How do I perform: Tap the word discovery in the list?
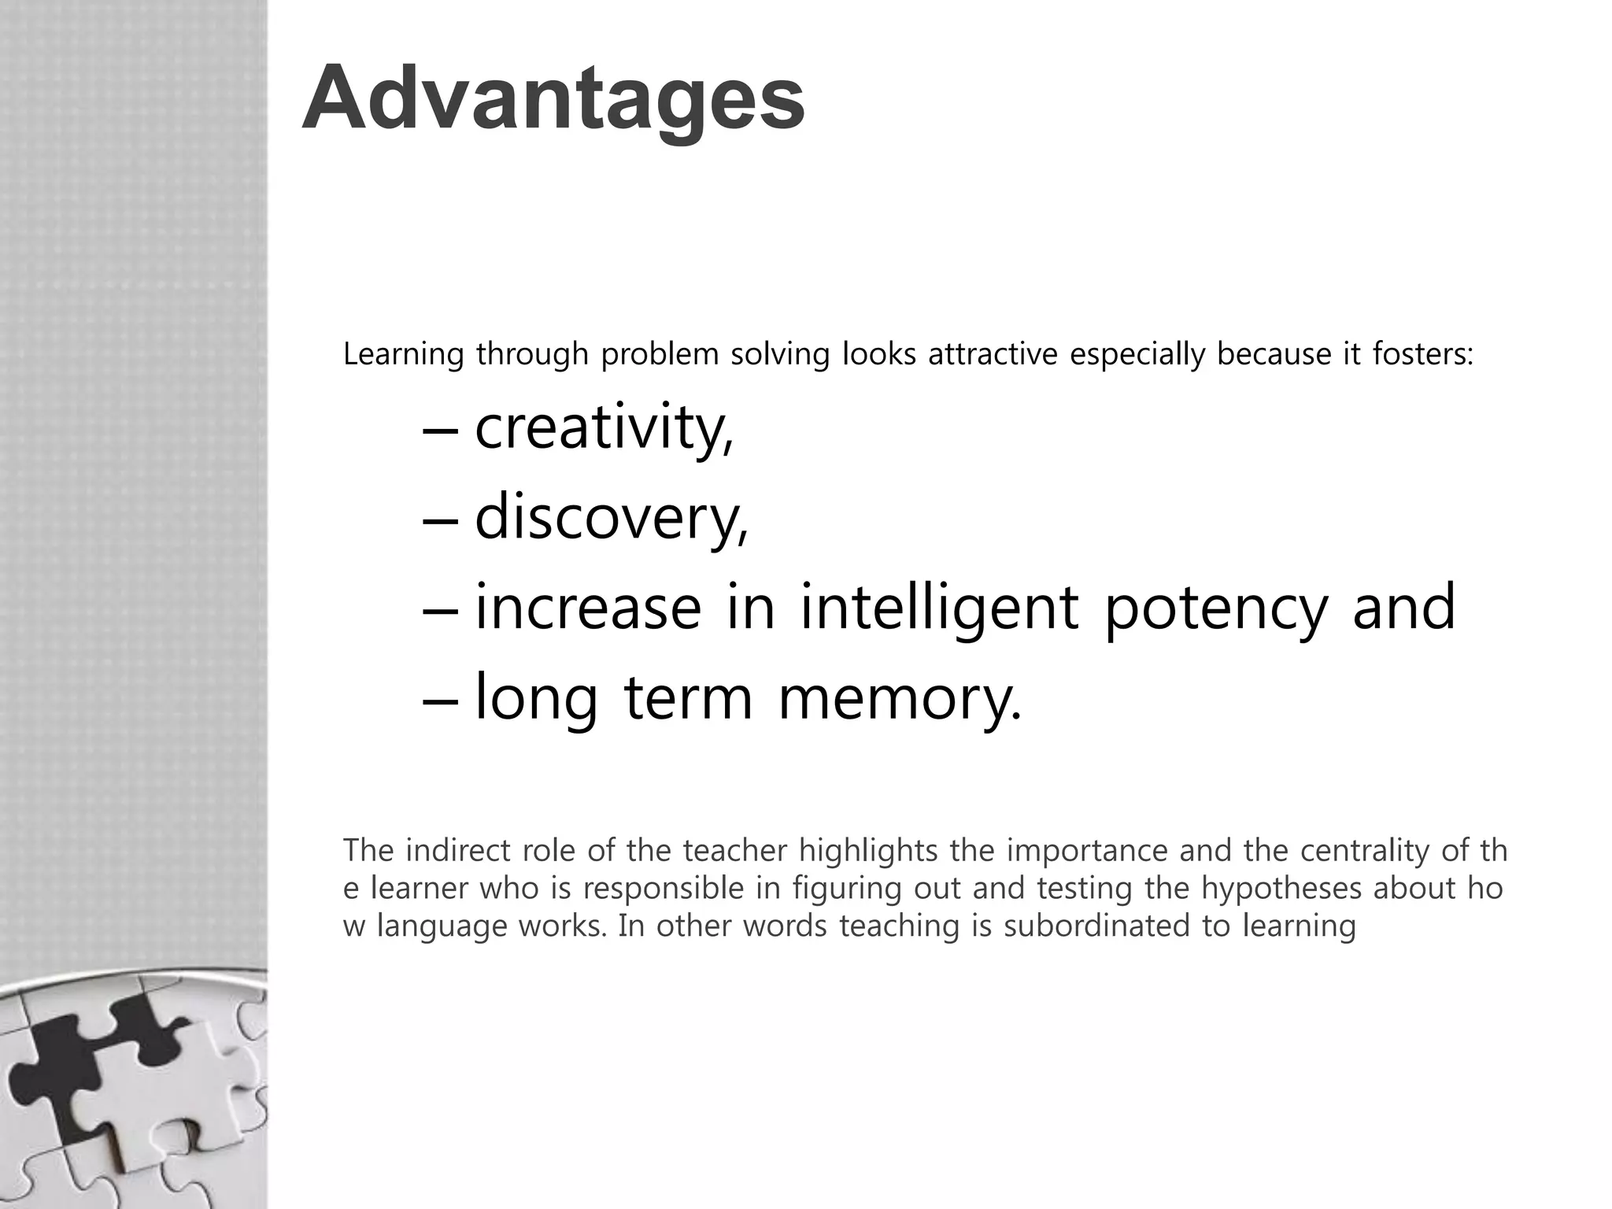[610, 518]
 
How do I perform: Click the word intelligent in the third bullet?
[939, 608]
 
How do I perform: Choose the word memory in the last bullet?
[899, 699]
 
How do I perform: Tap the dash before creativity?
[440, 430]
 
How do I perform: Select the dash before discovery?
[440, 520]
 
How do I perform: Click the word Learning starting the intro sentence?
[403, 354]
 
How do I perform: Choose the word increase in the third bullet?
[588, 608]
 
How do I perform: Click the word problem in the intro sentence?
[660, 354]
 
